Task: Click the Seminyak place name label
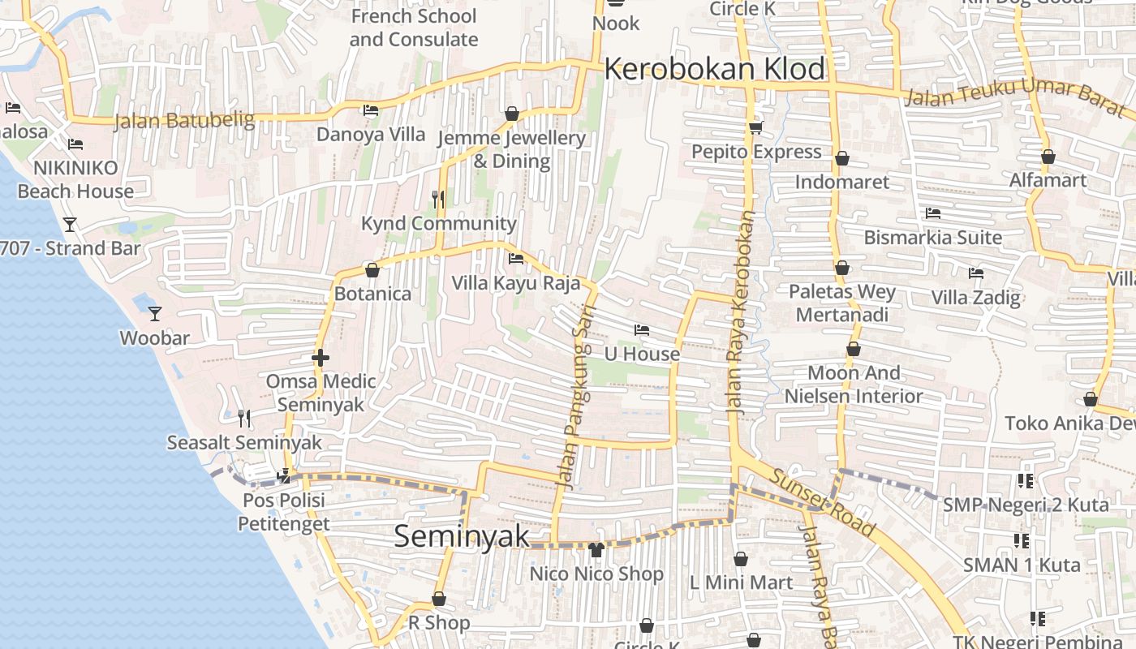click(x=461, y=537)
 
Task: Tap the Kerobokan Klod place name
click(x=714, y=69)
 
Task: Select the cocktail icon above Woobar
click(x=155, y=313)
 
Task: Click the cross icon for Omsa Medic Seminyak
click(x=321, y=357)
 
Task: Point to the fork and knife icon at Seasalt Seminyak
click(x=244, y=418)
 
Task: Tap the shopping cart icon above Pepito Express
click(x=756, y=127)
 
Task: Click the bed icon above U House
click(x=642, y=329)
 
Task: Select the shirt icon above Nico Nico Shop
click(x=596, y=549)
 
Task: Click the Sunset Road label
click(x=822, y=503)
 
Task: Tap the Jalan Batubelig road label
click(x=184, y=121)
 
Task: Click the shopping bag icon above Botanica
click(x=372, y=269)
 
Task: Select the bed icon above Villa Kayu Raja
click(x=515, y=259)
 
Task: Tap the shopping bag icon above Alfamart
click(x=1048, y=157)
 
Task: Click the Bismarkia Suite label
click(x=932, y=238)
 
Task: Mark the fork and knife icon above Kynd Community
click(x=438, y=199)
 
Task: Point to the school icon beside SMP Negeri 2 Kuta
click(x=1026, y=481)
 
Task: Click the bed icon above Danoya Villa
click(x=370, y=110)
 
